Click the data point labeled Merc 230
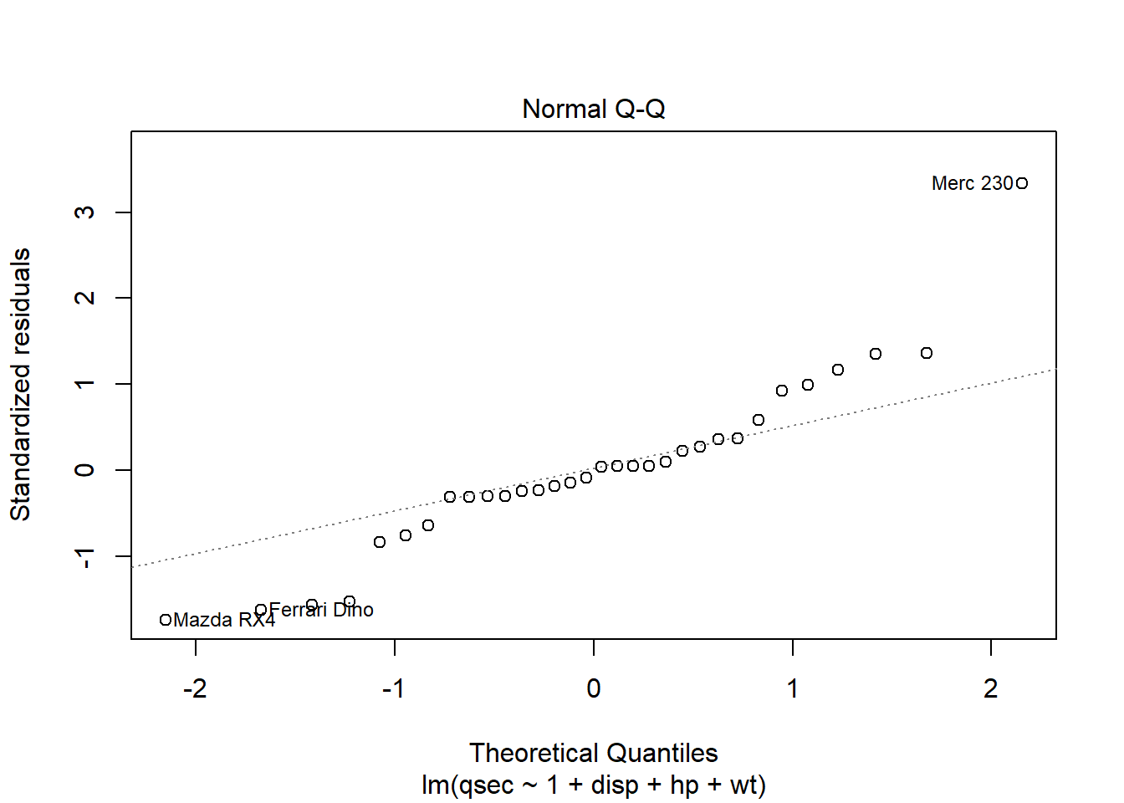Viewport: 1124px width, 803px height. pos(1022,183)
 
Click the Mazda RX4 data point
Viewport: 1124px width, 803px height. pos(166,620)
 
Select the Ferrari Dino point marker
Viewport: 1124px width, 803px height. pos(261,610)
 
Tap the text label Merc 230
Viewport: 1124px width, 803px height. pos(972,183)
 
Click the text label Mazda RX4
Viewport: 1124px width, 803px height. pos(224,620)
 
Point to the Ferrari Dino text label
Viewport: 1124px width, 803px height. pos(321,610)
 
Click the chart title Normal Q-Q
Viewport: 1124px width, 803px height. pos(594,109)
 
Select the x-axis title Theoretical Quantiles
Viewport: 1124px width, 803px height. pos(594,753)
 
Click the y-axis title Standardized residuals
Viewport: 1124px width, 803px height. pos(20,385)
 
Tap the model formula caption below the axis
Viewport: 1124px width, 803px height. pos(594,785)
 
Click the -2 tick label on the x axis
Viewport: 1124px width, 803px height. pos(195,688)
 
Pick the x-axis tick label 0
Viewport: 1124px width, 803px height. pos(594,688)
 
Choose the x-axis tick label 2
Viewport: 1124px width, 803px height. pos(991,688)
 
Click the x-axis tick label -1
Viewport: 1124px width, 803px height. pos(394,688)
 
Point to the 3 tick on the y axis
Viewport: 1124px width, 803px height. pos(84,212)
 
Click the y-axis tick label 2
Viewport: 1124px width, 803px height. pos(84,298)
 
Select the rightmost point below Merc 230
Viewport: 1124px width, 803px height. pos(927,353)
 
